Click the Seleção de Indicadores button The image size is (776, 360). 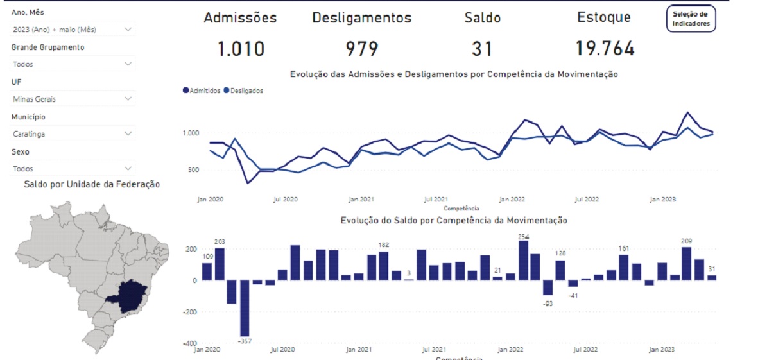coord(691,19)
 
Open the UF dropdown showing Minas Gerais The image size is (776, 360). coord(73,99)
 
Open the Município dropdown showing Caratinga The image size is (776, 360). coord(73,133)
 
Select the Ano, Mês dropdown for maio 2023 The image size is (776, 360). coord(73,29)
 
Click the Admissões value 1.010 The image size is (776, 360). coord(241,49)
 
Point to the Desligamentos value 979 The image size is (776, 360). coord(362,49)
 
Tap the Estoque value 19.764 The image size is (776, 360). coord(605,49)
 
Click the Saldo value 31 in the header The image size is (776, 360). coord(482,49)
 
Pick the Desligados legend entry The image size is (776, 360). coord(243,90)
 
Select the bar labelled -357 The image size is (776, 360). coord(245,307)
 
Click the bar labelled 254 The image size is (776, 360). coord(523,260)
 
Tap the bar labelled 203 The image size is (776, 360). coord(220,264)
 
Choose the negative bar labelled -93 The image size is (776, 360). coord(548,287)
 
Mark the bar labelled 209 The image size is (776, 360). coord(686,263)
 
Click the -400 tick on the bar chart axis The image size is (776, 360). coord(191,343)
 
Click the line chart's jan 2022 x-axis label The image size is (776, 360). coord(513,200)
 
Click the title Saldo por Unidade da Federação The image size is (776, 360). coord(92,185)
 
